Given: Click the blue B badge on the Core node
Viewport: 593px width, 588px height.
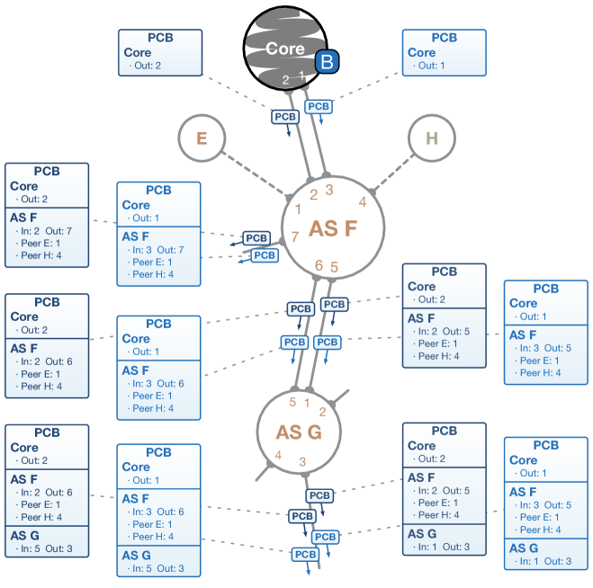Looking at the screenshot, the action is click(328, 62).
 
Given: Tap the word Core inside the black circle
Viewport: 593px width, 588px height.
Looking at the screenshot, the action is click(284, 49).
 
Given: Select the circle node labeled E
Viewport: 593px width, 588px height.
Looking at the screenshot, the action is click(202, 138).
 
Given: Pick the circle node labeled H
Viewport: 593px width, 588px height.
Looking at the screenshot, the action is click(432, 138).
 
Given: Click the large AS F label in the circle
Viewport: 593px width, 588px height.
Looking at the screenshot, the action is click(333, 228).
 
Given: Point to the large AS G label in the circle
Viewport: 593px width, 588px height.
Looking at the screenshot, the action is click(299, 432).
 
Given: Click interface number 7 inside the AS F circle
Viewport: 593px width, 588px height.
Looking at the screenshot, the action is click(295, 236).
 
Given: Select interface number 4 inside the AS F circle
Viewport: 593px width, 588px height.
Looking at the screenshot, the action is click(363, 201).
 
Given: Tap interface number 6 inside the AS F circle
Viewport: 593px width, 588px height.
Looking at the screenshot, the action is click(319, 265).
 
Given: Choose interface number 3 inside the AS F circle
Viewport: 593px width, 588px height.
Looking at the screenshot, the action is click(329, 190).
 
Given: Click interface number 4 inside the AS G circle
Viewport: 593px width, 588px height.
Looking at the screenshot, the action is click(278, 455).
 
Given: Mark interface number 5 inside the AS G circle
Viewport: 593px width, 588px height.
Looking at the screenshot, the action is click(292, 402).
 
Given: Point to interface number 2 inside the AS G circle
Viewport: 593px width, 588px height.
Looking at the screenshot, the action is click(322, 412).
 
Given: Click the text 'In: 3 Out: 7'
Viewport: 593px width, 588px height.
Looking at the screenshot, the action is click(158, 250).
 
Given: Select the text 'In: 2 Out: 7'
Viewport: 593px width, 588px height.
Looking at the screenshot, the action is click(46, 231).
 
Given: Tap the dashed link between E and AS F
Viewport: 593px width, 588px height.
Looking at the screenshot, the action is click(255, 174).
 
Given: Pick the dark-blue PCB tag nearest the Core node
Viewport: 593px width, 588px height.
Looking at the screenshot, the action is click(285, 117).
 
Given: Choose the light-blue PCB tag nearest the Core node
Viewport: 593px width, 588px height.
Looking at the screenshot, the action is click(319, 107).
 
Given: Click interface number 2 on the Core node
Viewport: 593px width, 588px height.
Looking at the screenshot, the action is click(285, 80).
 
